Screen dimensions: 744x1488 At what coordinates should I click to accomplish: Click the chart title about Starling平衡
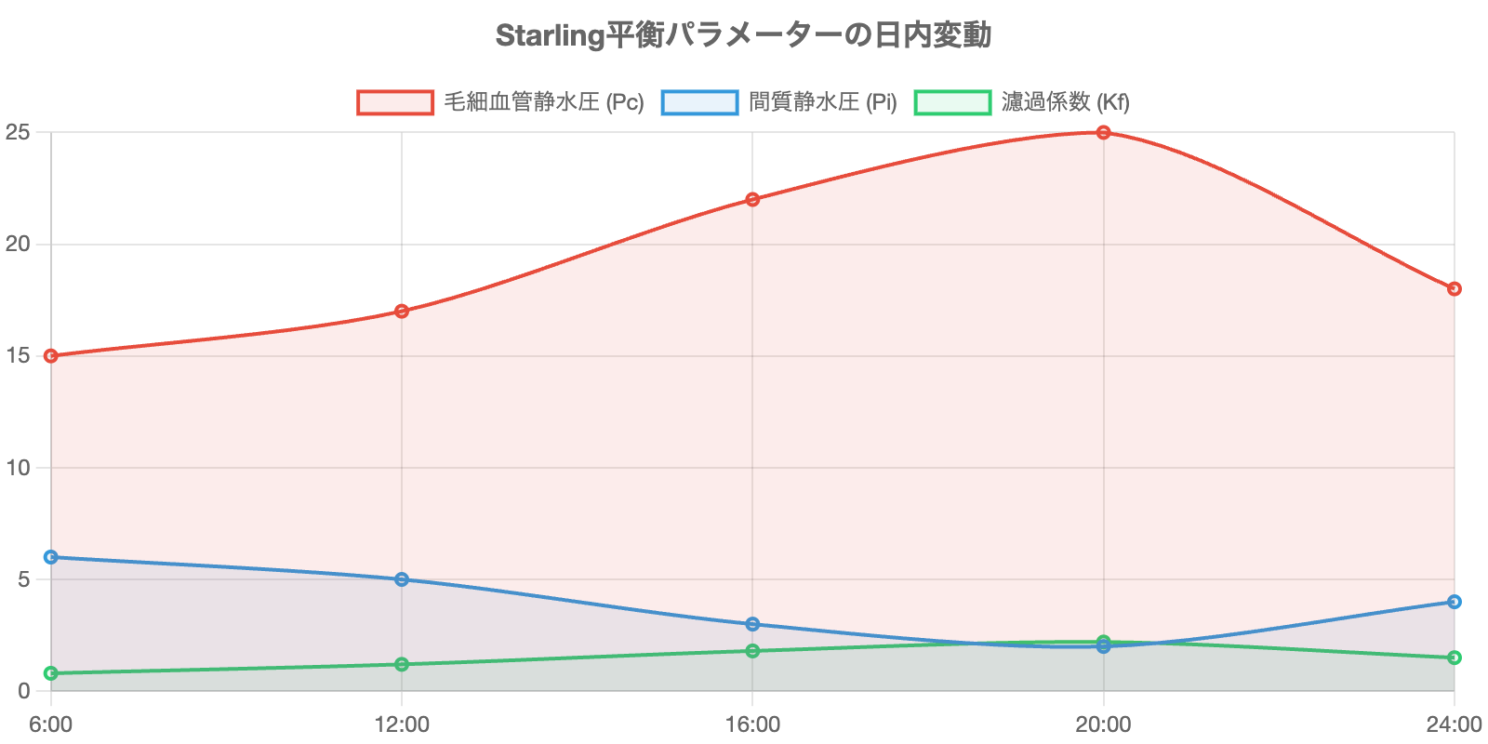pyautogui.click(x=743, y=35)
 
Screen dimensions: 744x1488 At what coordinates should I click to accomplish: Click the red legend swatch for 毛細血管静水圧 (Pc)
pyautogui.click(x=395, y=102)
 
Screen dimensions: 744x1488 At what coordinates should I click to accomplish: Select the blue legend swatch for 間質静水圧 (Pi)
pyautogui.click(x=699, y=102)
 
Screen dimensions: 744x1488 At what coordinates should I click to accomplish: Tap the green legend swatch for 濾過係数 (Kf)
pyautogui.click(x=952, y=102)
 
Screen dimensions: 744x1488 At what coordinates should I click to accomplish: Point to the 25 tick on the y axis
pyautogui.click(x=18, y=133)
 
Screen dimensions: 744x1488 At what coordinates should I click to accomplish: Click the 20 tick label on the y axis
pyautogui.click(x=18, y=245)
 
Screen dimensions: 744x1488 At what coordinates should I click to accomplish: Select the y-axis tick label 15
pyautogui.click(x=18, y=356)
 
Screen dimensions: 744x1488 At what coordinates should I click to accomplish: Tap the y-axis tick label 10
pyautogui.click(x=18, y=468)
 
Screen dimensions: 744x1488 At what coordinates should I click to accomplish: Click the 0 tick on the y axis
pyautogui.click(x=23, y=691)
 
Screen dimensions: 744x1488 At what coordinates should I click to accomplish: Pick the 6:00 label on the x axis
pyautogui.click(x=51, y=724)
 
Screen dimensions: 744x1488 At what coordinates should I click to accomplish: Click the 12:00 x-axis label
pyautogui.click(x=402, y=724)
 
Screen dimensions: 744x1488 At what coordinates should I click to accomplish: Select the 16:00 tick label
pyautogui.click(x=752, y=724)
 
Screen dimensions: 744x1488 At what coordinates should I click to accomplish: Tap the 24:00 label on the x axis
pyautogui.click(x=1454, y=724)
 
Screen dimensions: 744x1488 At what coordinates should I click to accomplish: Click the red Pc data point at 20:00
pyautogui.click(x=1103, y=133)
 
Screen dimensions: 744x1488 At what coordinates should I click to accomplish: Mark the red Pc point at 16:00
pyautogui.click(x=752, y=199)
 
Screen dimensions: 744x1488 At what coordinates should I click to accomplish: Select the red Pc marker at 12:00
pyautogui.click(x=402, y=311)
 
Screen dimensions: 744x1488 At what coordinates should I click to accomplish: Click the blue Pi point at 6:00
pyautogui.click(x=51, y=557)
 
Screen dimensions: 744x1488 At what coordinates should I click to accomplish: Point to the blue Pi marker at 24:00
pyautogui.click(x=1455, y=602)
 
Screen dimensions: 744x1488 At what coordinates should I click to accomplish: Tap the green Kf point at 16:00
pyautogui.click(x=752, y=651)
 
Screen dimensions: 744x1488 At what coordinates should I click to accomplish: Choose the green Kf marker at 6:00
pyautogui.click(x=51, y=673)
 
